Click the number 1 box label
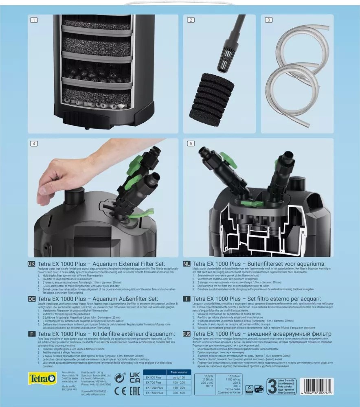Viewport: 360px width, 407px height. tap(34, 20)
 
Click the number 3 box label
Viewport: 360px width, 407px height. tap(268, 20)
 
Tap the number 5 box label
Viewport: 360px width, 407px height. tap(191, 144)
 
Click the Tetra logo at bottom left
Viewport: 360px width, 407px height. tap(43, 378)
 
